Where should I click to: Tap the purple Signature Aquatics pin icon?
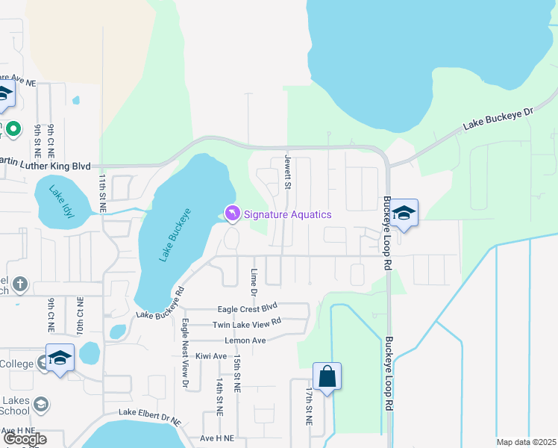pyautogui.click(x=232, y=214)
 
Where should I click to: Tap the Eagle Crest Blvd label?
pyautogui.click(x=247, y=308)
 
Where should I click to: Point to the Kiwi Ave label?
pyautogui.click(x=210, y=356)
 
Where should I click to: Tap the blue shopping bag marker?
pyautogui.click(x=327, y=377)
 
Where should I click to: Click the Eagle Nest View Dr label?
pyautogui.click(x=184, y=353)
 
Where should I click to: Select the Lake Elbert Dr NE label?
pyautogui.click(x=149, y=417)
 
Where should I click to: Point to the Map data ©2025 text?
pyautogui.click(x=525, y=442)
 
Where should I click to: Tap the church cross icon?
pyautogui.click(x=20, y=284)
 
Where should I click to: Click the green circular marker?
pyautogui.click(x=13, y=129)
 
